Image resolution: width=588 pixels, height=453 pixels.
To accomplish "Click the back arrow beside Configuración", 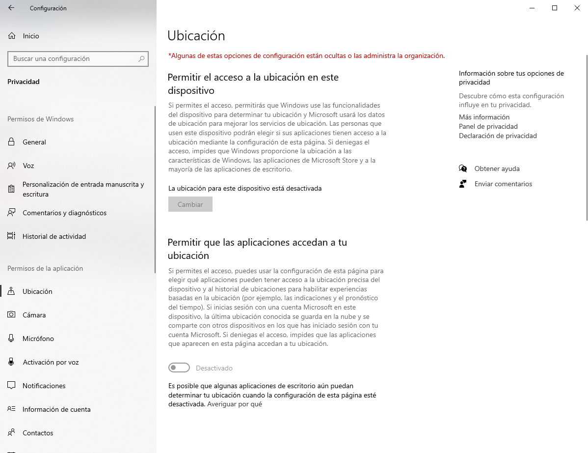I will pyautogui.click(x=11, y=8).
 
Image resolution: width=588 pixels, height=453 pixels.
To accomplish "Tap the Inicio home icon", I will pyautogui.click(x=12, y=36).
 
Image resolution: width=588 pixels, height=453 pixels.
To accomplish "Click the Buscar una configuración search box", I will pyautogui.click(x=74, y=58).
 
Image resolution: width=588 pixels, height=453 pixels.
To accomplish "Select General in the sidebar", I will pyautogui.click(x=34, y=142).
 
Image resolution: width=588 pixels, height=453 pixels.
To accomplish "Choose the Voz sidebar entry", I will pyautogui.click(x=28, y=166).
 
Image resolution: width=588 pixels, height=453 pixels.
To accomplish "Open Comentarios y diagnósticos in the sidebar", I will pyautogui.click(x=64, y=213).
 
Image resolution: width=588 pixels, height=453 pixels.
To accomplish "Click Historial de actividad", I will pyautogui.click(x=54, y=236).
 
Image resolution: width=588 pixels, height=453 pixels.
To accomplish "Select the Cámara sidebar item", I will pyautogui.click(x=34, y=315).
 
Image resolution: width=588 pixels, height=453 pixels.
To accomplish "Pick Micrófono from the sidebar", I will pyautogui.click(x=38, y=339).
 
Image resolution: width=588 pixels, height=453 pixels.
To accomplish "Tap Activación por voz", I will pyautogui.click(x=51, y=362).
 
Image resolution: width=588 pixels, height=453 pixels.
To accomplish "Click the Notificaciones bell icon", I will pyautogui.click(x=11, y=386).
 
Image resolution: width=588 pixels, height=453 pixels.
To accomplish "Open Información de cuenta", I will pyautogui.click(x=56, y=409).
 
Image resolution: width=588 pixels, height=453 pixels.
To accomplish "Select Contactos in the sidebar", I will pyautogui.click(x=38, y=433).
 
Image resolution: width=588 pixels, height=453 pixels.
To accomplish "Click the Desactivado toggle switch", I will pyautogui.click(x=179, y=368).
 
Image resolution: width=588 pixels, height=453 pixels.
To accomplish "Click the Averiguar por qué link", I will pyautogui.click(x=235, y=404).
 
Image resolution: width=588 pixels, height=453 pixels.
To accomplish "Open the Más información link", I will pyautogui.click(x=484, y=117).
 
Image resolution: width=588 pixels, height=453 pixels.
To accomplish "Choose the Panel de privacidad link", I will pyautogui.click(x=488, y=126).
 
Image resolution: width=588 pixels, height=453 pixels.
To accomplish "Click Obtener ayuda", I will pyautogui.click(x=497, y=169).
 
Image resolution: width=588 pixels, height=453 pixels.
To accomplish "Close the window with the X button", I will pyautogui.click(x=577, y=8).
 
